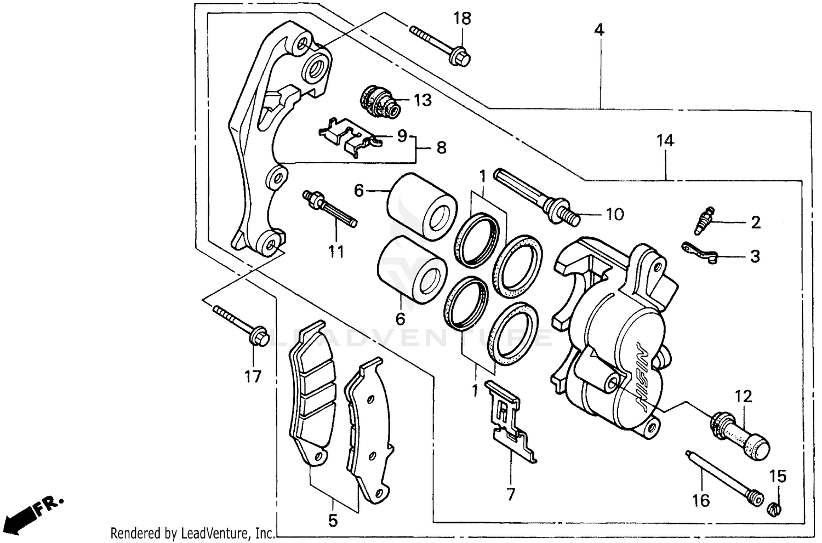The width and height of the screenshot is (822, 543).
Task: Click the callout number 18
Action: (462, 19)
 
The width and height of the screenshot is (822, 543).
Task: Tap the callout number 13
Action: (423, 100)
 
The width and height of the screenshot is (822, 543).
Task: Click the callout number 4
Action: (600, 30)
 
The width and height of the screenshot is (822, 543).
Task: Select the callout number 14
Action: (665, 141)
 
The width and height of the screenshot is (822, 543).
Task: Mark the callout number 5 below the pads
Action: (333, 520)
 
